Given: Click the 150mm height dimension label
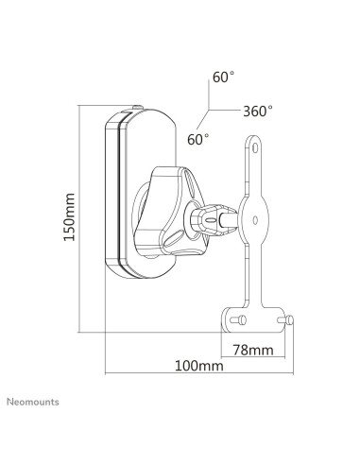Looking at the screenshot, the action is pyautogui.click(x=70, y=217).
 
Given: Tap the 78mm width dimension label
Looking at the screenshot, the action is pyautogui.click(x=253, y=350).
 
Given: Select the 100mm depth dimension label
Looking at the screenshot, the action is pyautogui.click(x=199, y=366).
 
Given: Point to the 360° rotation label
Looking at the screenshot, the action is pyautogui.click(x=258, y=111).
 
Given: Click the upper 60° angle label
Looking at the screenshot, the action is pyautogui.click(x=223, y=77).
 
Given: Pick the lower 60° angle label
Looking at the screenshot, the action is pyautogui.click(x=198, y=140).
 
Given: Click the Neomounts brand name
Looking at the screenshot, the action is pyautogui.click(x=33, y=402).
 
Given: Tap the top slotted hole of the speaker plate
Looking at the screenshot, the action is pyautogui.click(x=255, y=147).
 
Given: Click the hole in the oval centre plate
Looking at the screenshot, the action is pyautogui.click(x=255, y=220).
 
